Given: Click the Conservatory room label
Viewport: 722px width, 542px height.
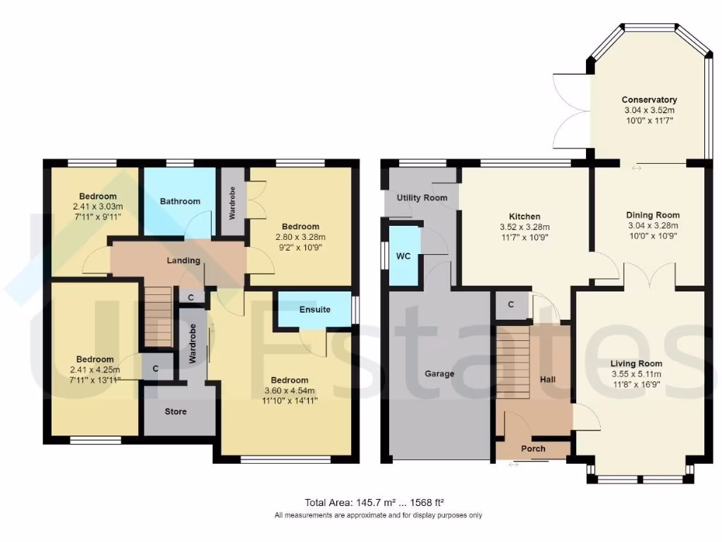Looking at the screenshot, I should [x=649, y=100].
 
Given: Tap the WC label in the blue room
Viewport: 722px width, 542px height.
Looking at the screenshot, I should [x=403, y=256].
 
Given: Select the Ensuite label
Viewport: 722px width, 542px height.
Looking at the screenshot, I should [x=314, y=310].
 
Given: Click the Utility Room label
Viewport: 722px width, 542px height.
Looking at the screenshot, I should [x=422, y=198].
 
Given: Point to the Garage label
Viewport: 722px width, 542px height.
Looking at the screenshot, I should [x=439, y=373].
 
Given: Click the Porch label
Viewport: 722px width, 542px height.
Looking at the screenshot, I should [x=533, y=449].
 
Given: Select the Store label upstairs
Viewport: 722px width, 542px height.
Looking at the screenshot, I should [x=175, y=411].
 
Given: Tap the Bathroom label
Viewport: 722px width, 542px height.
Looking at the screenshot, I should [x=180, y=201].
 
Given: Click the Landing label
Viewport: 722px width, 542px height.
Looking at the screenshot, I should [x=183, y=260].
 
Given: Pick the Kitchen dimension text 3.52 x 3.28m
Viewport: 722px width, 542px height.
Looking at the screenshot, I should [x=525, y=227].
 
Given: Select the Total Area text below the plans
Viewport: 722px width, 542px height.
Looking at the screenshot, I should [x=374, y=502].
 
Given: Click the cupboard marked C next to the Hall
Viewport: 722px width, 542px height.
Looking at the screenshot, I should [x=510, y=306].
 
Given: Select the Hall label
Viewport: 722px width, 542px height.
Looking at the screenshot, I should [x=548, y=379].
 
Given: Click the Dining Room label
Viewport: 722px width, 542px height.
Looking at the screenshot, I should [x=653, y=215].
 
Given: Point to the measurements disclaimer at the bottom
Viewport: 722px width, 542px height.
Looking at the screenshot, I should [x=378, y=515].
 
